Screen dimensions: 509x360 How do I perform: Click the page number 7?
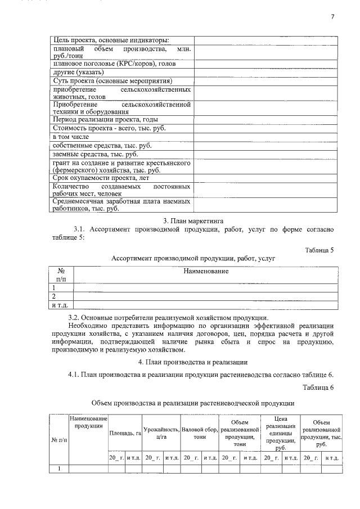[332, 17]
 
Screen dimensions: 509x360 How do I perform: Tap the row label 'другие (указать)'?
[78, 73]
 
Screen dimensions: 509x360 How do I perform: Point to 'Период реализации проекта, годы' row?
[105, 120]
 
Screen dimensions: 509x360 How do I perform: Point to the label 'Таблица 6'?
[318, 388]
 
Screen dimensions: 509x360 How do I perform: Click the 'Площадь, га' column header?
[125, 433]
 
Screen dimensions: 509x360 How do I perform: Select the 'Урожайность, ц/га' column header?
[161, 433]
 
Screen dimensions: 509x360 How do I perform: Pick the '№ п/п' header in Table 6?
[57, 439]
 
